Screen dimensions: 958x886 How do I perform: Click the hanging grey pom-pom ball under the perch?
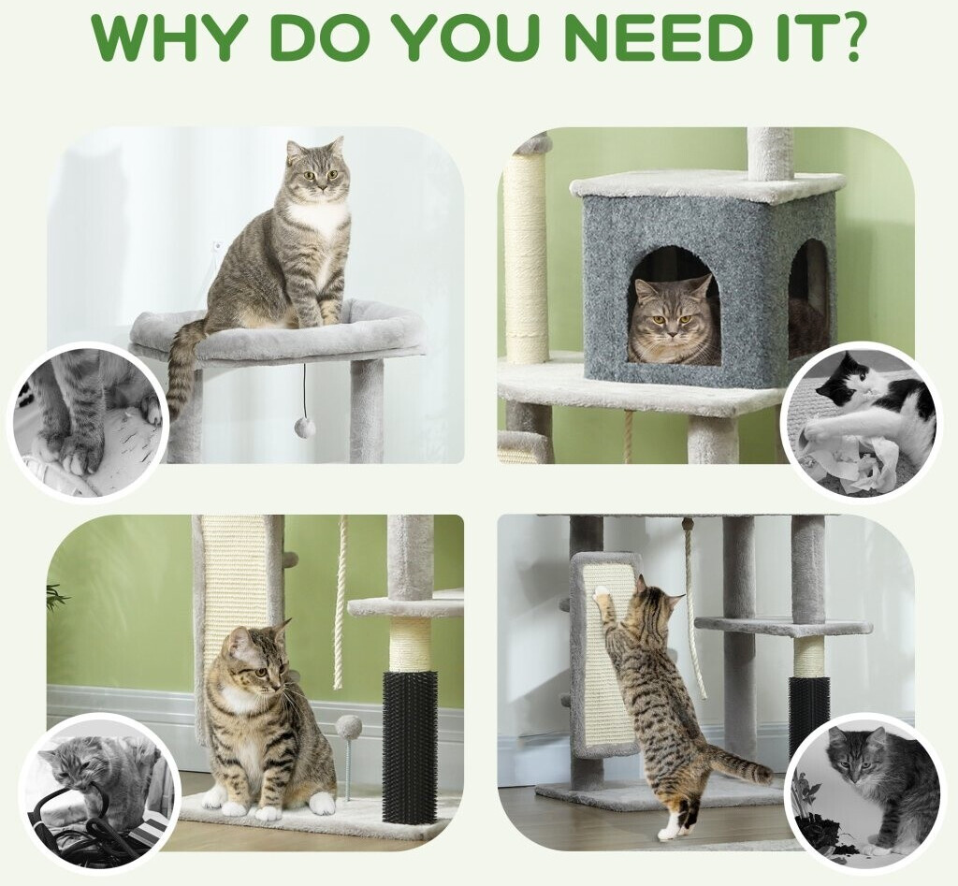click(306, 427)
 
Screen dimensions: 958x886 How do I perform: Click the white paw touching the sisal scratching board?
click(602, 591)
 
